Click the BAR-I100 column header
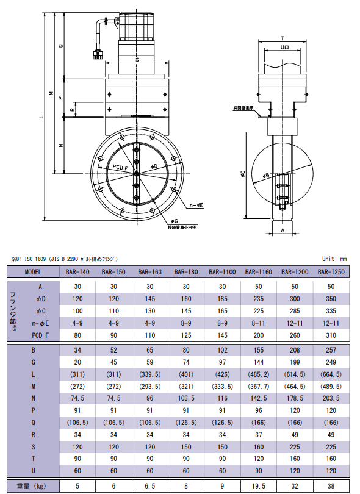222,272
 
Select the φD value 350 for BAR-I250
331,299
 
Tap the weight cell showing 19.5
259,486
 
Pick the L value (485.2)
259,374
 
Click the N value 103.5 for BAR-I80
186,398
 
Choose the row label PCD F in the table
40,335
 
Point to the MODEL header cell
33,272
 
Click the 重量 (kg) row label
31,486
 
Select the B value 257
331,350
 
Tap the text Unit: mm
334,259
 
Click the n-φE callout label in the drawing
196,206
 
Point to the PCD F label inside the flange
120,168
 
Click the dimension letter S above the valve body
137,60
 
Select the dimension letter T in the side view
283,38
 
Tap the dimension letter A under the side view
283,231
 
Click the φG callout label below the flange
175,221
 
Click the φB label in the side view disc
266,175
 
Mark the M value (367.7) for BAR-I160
259,386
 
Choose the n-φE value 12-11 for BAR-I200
295,323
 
